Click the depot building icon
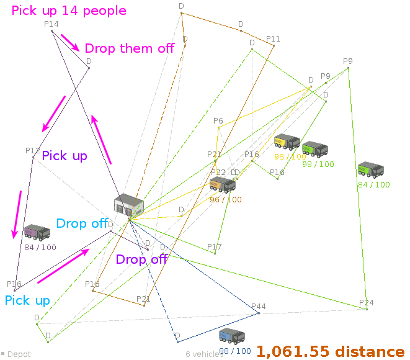(x=128, y=205)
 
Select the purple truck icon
(x=37, y=233)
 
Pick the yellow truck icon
(x=287, y=142)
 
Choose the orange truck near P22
(x=222, y=184)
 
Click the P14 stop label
(x=51, y=24)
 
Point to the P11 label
(x=273, y=39)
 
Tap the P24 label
(x=366, y=303)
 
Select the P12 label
(x=33, y=151)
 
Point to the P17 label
(x=215, y=247)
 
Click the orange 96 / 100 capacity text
(x=226, y=200)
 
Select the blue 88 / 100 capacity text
(x=234, y=351)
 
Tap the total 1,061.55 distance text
(x=330, y=351)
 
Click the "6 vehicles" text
(x=204, y=354)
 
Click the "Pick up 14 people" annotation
(x=69, y=11)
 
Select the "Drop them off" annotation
(x=129, y=48)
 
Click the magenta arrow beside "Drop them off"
(x=69, y=43)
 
